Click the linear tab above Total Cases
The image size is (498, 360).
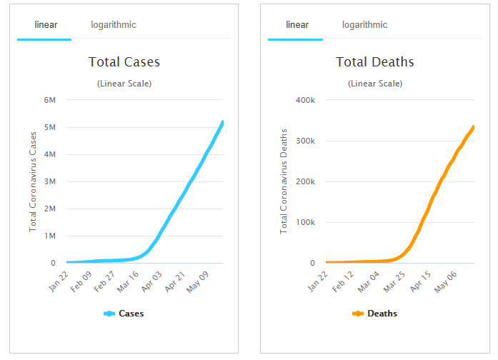pos(46,25)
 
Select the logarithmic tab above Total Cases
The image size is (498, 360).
pos(113,25)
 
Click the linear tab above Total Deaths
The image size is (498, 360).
pos(297,25)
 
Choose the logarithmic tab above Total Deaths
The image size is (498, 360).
pos(364,25)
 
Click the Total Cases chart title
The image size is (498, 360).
pos(124,62)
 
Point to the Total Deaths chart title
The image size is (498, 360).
pos(375,62)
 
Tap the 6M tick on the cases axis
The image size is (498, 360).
pos(49,100)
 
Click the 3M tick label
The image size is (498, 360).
pos(49,181)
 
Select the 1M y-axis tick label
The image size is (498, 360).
pos(49,236)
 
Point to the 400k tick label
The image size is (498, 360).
pos(305,100)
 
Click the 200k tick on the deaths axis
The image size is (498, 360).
pos(305,181)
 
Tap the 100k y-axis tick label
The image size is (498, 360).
pos(305,222)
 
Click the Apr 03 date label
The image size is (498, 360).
pos(151,280)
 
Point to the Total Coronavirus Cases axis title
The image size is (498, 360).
pos(33,181)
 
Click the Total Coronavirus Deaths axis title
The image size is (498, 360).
pos(284,181)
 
